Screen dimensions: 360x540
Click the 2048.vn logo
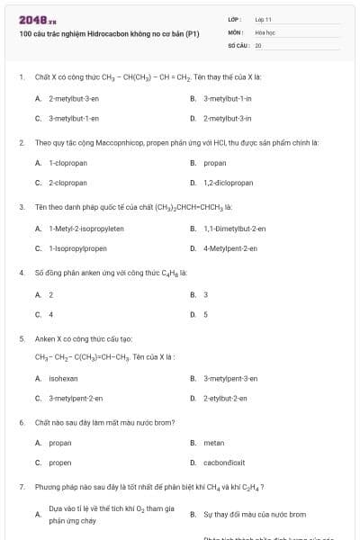37,17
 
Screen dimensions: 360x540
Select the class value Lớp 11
264,18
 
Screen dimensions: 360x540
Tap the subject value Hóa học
265,31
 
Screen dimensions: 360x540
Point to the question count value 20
258,44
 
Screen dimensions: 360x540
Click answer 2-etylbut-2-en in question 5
225,398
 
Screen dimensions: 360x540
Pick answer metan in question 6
213,443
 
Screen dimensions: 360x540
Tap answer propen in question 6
60,463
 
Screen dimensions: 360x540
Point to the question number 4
22,272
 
